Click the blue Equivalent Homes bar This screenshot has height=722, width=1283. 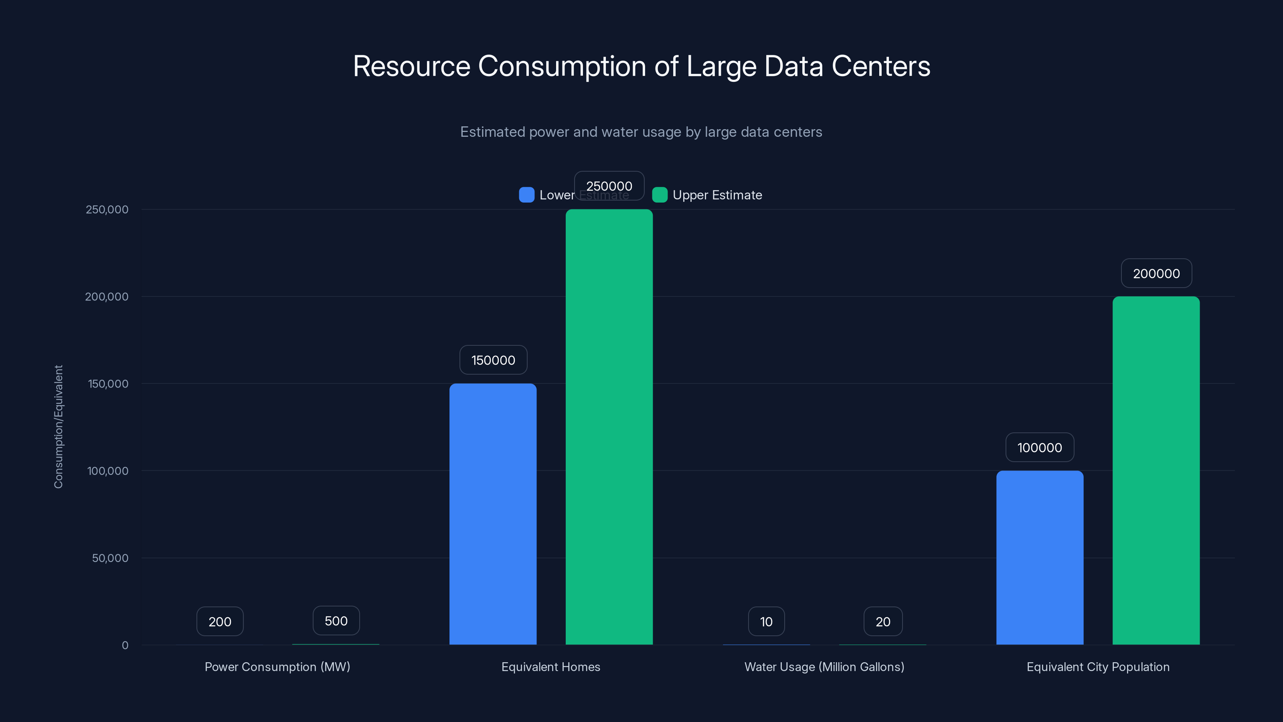(493, 514)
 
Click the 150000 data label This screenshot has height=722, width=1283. (493, 360)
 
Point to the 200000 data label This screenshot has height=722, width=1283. (1156, 274)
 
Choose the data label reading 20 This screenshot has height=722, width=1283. (882, 621)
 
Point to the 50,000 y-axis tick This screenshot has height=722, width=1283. (110, 558)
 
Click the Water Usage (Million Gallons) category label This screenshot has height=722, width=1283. (824, 667)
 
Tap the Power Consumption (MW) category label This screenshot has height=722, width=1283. (277, 667)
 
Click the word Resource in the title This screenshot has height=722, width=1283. (411, 66)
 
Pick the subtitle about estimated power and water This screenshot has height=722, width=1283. (641, 132)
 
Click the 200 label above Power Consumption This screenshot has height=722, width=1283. (220, 621)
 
